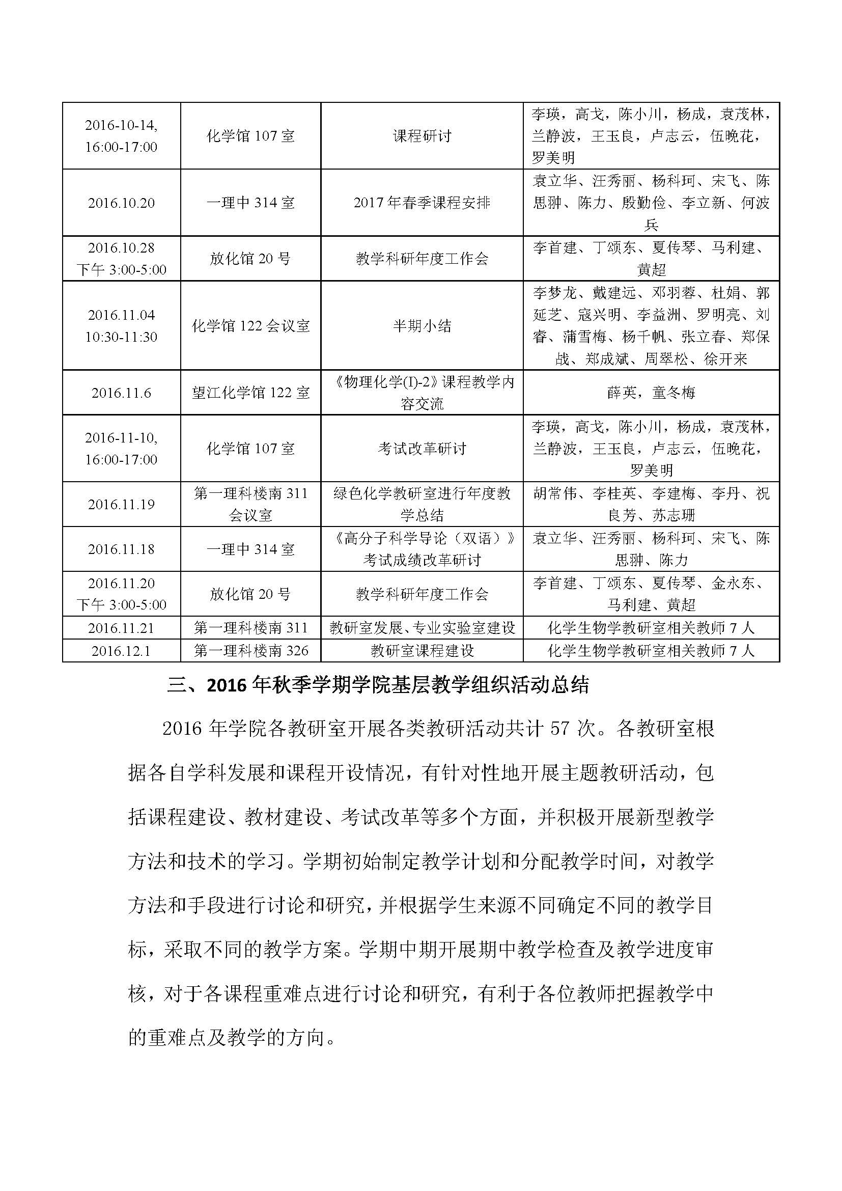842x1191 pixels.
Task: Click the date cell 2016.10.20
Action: (121, 203)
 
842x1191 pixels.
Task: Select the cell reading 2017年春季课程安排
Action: (422, 203)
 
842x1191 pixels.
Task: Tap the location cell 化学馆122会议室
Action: (250, 326)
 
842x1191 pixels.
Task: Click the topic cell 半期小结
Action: (422, 326)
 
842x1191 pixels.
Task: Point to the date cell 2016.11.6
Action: (121, 393)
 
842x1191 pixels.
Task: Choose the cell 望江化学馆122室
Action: (250, 393)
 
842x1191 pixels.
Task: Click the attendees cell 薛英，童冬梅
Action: (651, 393)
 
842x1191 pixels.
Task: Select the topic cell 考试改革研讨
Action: (422, 449)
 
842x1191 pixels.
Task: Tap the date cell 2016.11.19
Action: (121, 504)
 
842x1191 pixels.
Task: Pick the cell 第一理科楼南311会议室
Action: (250, 504)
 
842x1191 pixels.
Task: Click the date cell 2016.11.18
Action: (121, 549)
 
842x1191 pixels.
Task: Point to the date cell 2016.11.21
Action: (121, 628)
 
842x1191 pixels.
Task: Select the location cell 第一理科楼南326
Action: (250, 650)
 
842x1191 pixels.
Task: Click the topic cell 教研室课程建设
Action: (422, 650)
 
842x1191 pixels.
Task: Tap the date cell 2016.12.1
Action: (121, 650)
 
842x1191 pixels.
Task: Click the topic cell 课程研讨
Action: (422, 136)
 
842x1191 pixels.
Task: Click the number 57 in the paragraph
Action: (560, 729)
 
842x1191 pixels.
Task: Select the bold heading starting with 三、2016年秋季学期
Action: (378, 685)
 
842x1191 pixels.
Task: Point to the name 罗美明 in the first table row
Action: (553, 158)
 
